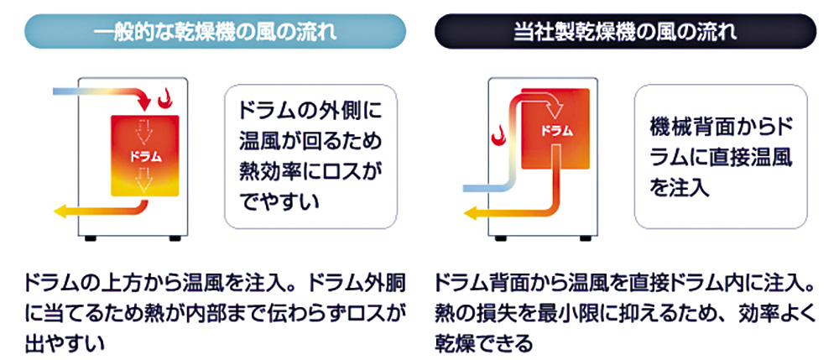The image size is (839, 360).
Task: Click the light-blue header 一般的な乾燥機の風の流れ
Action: [215, 32]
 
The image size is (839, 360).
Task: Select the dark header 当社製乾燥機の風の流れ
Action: [625, 32]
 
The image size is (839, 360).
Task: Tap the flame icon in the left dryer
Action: [165, 97]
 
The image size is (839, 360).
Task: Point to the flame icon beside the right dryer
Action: [498, 135]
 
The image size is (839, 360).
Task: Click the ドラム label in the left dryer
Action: [145, 157]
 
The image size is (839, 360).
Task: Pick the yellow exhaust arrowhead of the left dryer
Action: [60, 211]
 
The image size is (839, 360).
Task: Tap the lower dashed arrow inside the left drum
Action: [144, 179]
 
